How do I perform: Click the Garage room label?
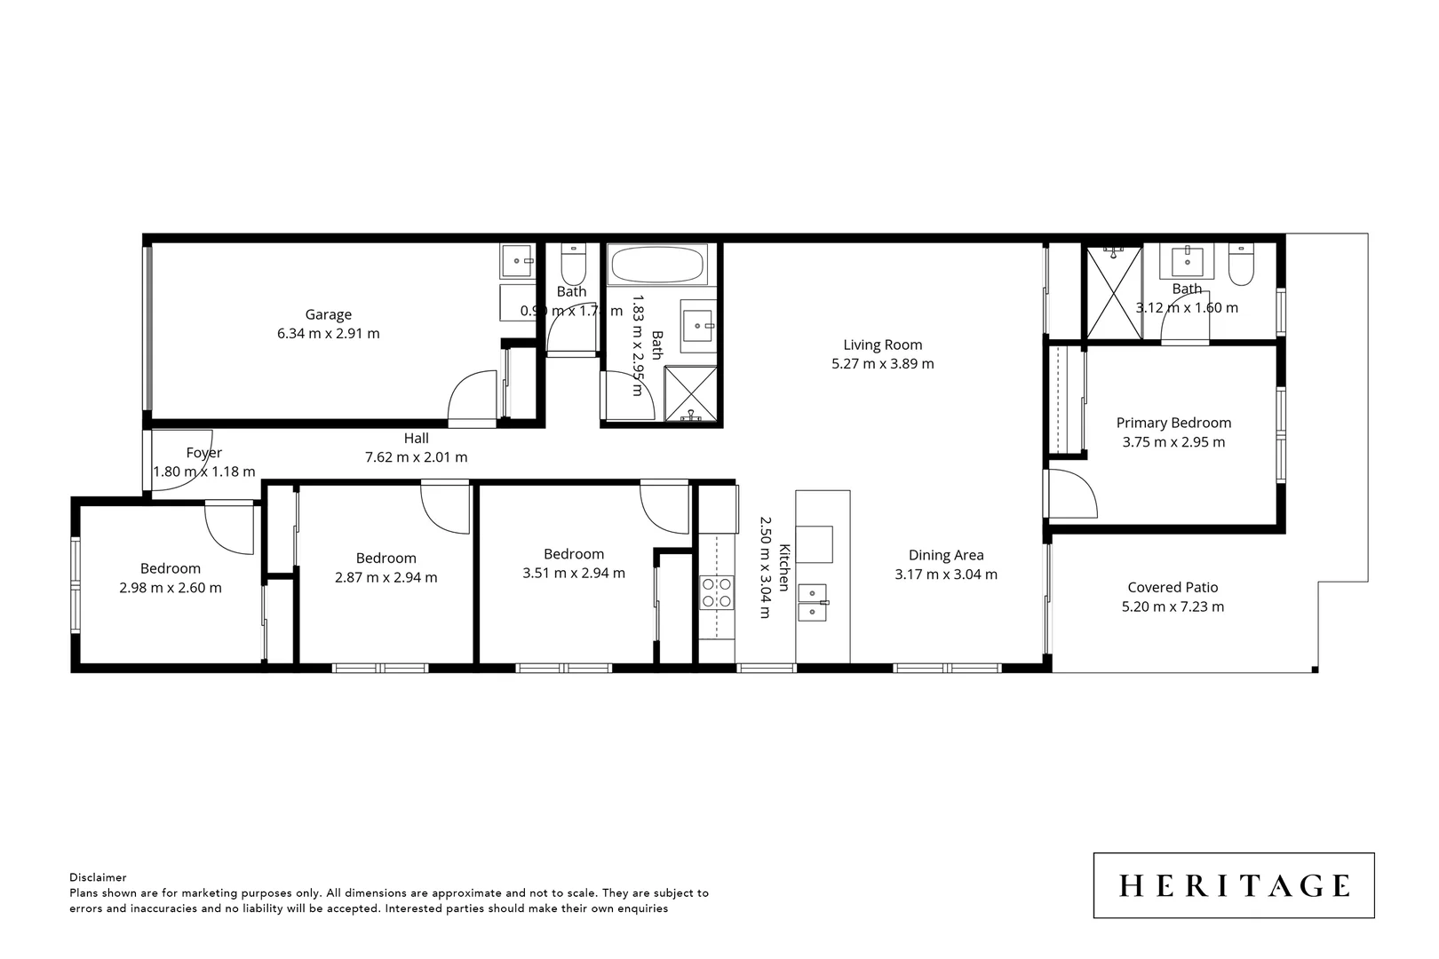click(x=328, y=314)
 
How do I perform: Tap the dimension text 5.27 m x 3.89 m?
click(x=882, y=363)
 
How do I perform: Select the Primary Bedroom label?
click(x=1173, y=423)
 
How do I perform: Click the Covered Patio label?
click(x=1173, y=587)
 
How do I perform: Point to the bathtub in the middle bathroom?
click(x=657, y=265)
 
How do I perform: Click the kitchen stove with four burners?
click(x=717, y=592)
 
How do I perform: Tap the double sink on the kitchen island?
click(x=813, y=601)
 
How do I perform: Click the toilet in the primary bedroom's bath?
click(x=1241, y=265)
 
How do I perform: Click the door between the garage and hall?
click(x=473, y=400)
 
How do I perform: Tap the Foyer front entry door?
click(x=182, y=448)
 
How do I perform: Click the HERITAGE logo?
click(x=1234, y=885)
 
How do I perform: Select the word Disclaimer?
click(x=98, y=877)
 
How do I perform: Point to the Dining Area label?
click(x=945, y=555)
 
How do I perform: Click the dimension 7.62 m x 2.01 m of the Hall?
click(x=416, y=457)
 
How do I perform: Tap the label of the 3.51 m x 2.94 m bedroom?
click(x=574, y=554)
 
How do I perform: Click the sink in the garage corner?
click(x=517, y=261)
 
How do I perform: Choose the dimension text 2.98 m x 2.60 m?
click(x=171, y=588)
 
